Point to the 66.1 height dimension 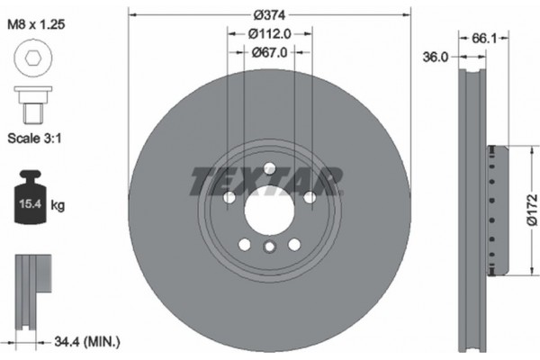(x=484, y=40)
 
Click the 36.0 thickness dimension (x=435, y=57)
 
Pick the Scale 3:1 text (x=40, y=139)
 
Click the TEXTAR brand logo (x=267, y=181)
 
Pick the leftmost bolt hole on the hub (x=229, y=197)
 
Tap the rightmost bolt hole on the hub (x=309, y=197)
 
